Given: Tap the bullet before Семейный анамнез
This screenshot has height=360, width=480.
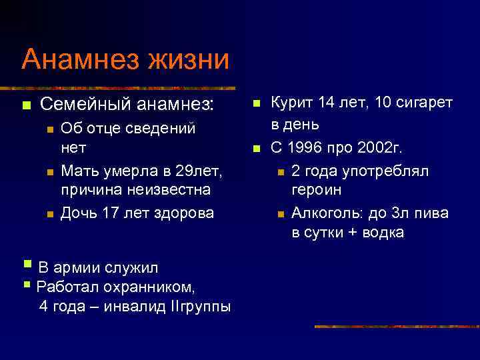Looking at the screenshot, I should tap(26, 105).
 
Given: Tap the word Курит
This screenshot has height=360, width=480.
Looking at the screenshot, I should tap(291, 102).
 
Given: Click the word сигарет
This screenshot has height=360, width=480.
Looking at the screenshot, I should tap(425, 102).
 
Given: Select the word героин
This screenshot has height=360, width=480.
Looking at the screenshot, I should tap(317, 191).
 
